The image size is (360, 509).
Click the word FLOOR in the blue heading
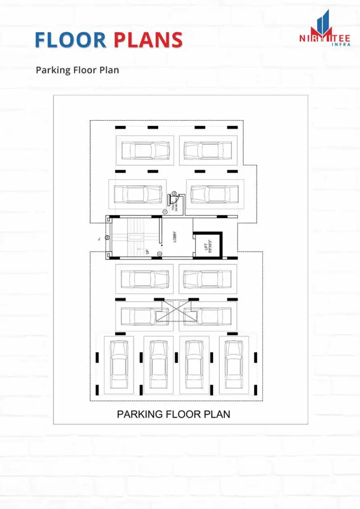[x=70, y=40]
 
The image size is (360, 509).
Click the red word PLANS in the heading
[x=148, y=40]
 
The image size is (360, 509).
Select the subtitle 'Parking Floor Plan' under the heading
[x=77, y=70]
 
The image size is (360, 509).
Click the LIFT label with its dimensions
[x=207, y=246]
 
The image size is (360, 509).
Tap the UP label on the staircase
[x=147, y=251]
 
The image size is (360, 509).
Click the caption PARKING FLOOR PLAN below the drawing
[x=174, y=414]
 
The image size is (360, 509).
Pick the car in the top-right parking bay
[x=207, y=150]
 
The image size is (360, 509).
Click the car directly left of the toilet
[x=137, y=194]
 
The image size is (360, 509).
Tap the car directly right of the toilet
[x=215, y=194]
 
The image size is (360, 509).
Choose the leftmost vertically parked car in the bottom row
[x=119, y=364]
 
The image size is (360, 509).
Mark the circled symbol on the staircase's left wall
[x=107, y=238]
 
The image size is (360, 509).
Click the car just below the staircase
[x=144, y=279]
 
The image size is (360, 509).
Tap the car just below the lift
[x=207, y=279]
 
